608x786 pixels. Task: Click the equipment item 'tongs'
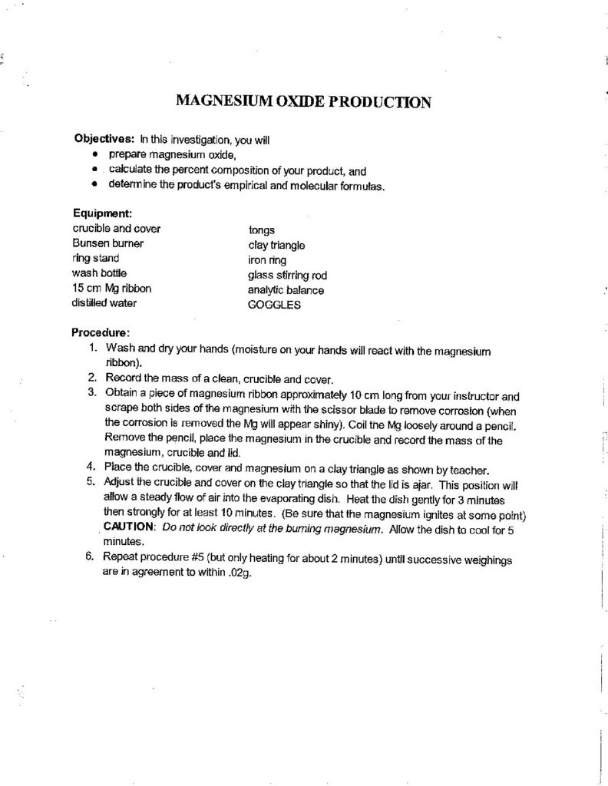262,229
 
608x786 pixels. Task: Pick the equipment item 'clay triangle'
276,244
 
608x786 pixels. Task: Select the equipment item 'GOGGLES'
275,304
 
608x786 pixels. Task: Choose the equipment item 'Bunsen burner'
108,243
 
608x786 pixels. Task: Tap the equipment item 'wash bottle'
100,273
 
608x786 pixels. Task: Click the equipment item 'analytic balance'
286,289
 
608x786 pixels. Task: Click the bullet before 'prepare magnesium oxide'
94,155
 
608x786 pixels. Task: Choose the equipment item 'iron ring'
265,259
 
